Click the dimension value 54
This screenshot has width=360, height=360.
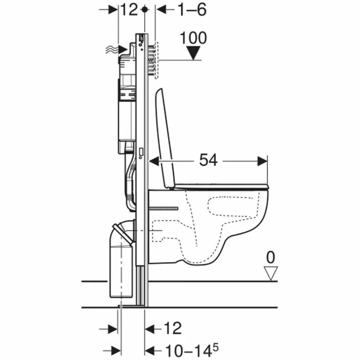point(208,160)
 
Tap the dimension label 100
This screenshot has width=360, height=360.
point(193,38)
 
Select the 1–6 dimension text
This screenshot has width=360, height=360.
point(192,10)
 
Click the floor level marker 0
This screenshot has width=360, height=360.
point(270,257)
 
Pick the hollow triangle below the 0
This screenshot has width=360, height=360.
point(271,272)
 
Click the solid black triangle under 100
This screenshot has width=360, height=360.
point(193,53)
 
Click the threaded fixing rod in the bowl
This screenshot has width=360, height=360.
point(164,208)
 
